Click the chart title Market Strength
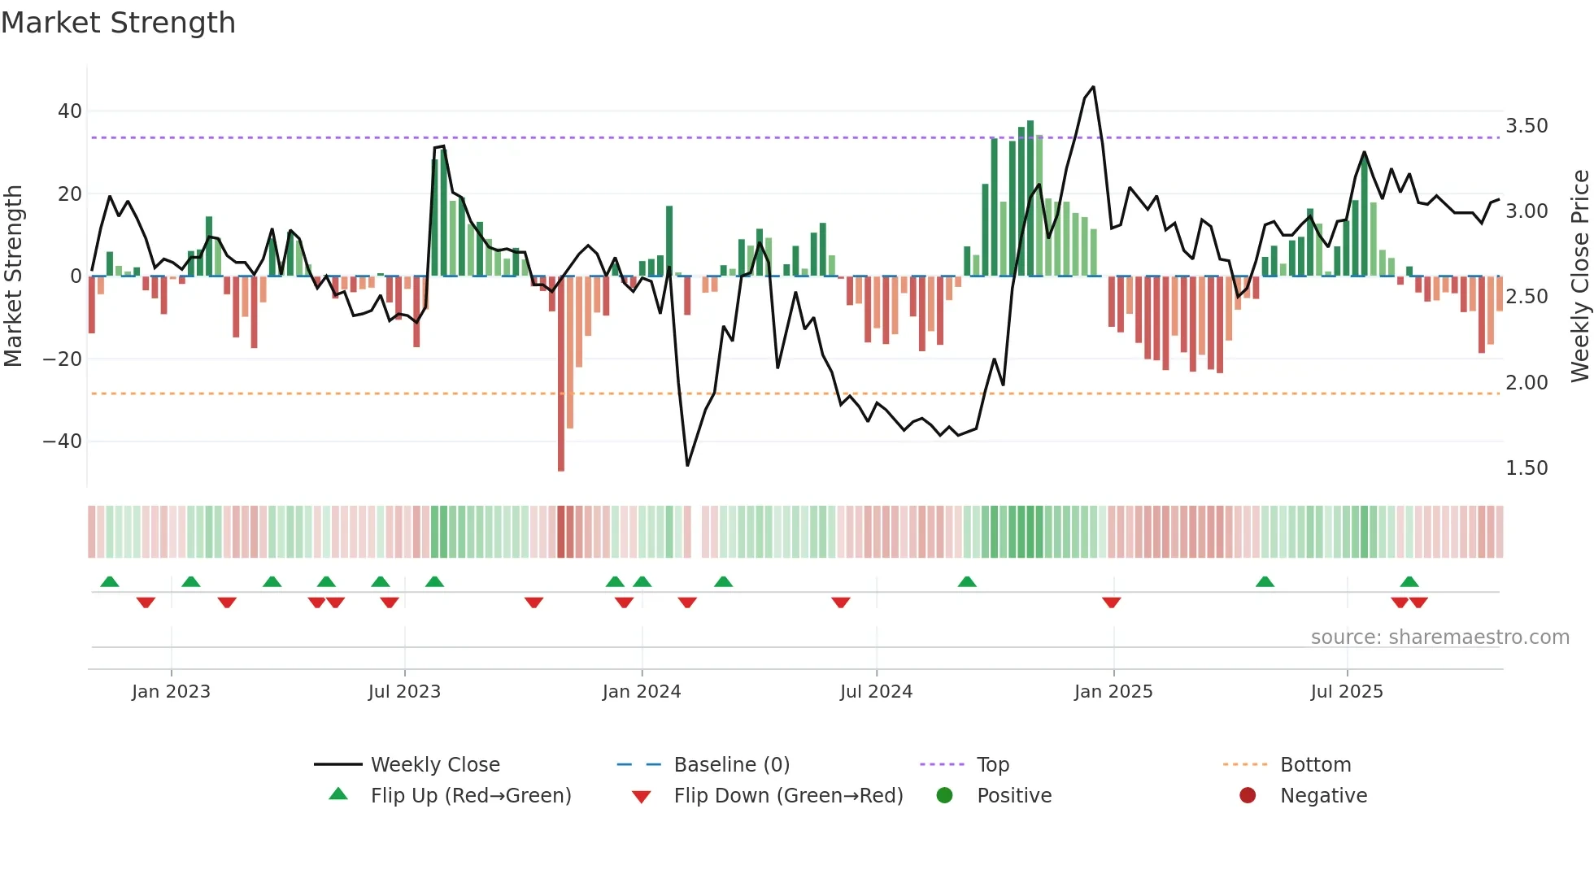coord(118,23)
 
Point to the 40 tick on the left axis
coord(70,111)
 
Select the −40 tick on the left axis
coord(63,441)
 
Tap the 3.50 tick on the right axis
coord(1526,126)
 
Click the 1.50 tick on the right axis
coord(1526,468)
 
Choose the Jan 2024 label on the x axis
coord(641,692)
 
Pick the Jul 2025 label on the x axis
coord(1346,692)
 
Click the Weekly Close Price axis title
coord(1579,276)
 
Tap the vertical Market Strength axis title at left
coord(13,276)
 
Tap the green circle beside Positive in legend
coord(944,796)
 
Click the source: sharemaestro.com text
coord(1439,637)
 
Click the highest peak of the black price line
coord(1093,87)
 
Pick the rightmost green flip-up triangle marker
coord(1409,581)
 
